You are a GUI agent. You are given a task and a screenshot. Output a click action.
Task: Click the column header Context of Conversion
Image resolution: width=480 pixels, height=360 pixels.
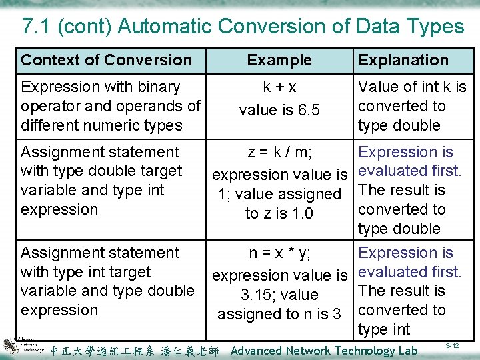tap(106, 60)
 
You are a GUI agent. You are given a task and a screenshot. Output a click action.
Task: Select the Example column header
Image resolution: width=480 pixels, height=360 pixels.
tap(279, 60)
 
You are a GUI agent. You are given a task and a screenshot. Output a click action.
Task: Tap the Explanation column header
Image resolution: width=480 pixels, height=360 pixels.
tap(403, 60)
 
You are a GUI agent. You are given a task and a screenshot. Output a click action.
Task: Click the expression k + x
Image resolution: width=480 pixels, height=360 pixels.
tap(279, 87)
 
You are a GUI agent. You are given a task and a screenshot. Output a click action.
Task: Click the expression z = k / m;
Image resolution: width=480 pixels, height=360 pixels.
tap(279, 153)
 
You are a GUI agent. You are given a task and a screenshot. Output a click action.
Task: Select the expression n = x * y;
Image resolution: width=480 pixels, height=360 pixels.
tap(279, 253)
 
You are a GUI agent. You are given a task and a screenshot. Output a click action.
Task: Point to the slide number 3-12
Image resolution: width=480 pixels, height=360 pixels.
tap(453, 345)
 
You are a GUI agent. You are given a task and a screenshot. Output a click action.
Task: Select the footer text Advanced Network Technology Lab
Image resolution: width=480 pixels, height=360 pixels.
tap(324, 351)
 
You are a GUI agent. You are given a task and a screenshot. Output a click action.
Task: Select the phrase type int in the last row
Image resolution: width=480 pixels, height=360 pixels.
tap(384, 329)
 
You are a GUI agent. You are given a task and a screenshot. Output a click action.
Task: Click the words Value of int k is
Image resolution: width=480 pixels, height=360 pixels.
tap(412, 87)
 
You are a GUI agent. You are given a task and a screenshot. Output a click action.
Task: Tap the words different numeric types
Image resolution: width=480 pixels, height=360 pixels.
tap(101, 125)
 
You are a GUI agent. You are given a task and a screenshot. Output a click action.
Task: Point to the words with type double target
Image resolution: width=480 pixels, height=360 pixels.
tap(101, 171)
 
